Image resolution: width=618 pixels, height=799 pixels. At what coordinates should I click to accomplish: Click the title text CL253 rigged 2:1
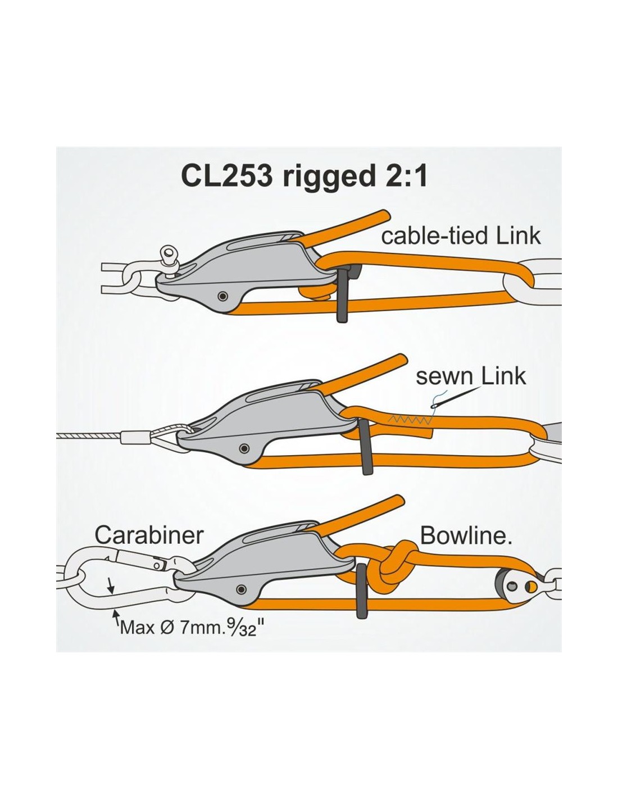[x=305, y=177]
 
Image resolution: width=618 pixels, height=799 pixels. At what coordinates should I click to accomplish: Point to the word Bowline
[x=466, y=535]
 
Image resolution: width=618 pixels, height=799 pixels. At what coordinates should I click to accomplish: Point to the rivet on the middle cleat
[x=243, y=448]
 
